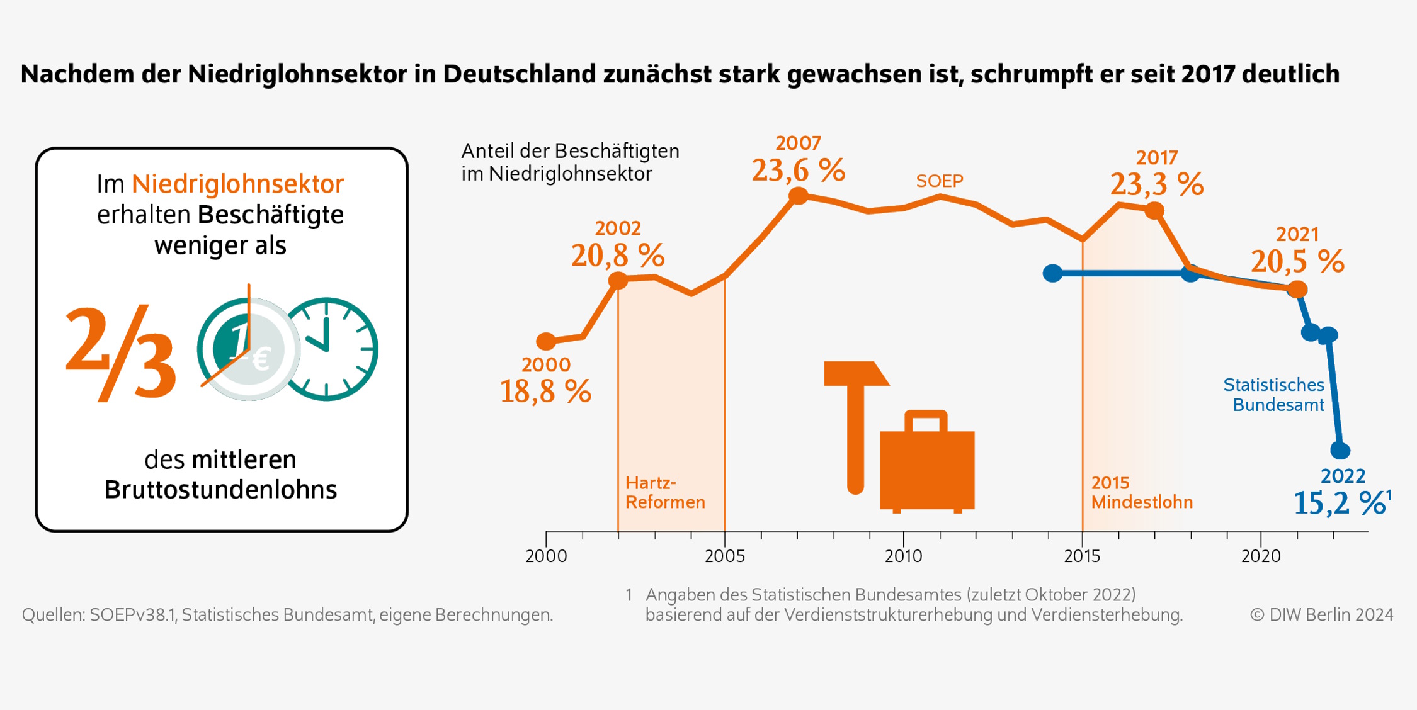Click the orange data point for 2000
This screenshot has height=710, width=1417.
pos(546,342)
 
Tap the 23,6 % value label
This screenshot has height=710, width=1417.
pos(798,171)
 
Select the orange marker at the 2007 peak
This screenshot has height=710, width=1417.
pos(798,196)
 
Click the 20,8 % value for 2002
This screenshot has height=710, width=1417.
pos(618,256)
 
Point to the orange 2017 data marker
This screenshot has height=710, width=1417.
pos(1154,211)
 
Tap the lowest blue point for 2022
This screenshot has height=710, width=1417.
pos(1340,451)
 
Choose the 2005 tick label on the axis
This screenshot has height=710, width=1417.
pos(725,556)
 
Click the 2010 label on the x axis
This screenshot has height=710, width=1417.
pos(903,556)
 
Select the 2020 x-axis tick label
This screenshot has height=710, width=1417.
pos(1261,556)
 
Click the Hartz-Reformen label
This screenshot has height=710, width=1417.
pos(664,493)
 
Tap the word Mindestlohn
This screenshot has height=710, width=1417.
pos(1142,502)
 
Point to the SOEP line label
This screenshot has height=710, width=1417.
pos(939,181)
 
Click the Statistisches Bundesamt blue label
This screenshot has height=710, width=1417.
pos(1273,395)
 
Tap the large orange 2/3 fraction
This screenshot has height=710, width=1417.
pos(121,352)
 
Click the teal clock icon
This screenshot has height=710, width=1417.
pos(327,349)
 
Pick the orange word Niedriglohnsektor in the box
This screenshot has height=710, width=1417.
pos(237,184)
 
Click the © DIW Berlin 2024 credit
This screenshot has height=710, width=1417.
pos(1321,615)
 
